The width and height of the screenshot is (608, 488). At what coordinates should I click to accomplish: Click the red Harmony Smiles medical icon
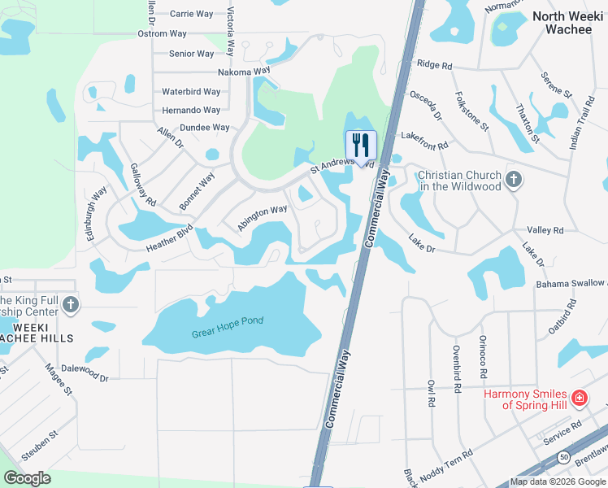pyautogui.click(x=579, y=398)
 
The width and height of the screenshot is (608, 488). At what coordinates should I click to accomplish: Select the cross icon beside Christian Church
pyautogui.click(x=513, y=180)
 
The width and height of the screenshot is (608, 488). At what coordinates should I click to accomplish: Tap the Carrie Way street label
pyautogui.click(x=191, y=13)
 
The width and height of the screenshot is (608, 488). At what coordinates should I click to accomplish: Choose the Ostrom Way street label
pyautogui.click(x=163, y=33)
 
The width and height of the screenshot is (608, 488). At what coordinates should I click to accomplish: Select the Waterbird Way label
pyautogui.click(x=191, y=92)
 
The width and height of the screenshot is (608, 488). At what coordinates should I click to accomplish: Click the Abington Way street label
pyautogui.click(x=262, y=218)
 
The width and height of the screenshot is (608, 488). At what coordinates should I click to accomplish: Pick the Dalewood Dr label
pyautogui.click(x=84, y=373)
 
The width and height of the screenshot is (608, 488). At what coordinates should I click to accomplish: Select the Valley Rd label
pyautogui.click(x=545, y=230)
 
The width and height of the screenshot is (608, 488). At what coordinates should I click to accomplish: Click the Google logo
pyautogui.click(x=28, y=477)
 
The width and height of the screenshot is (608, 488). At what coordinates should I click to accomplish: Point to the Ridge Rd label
pyautogui.click(x=432, y=64)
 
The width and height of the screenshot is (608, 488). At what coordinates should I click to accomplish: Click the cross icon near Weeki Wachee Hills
pyautogui.click(x=71, y=305)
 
